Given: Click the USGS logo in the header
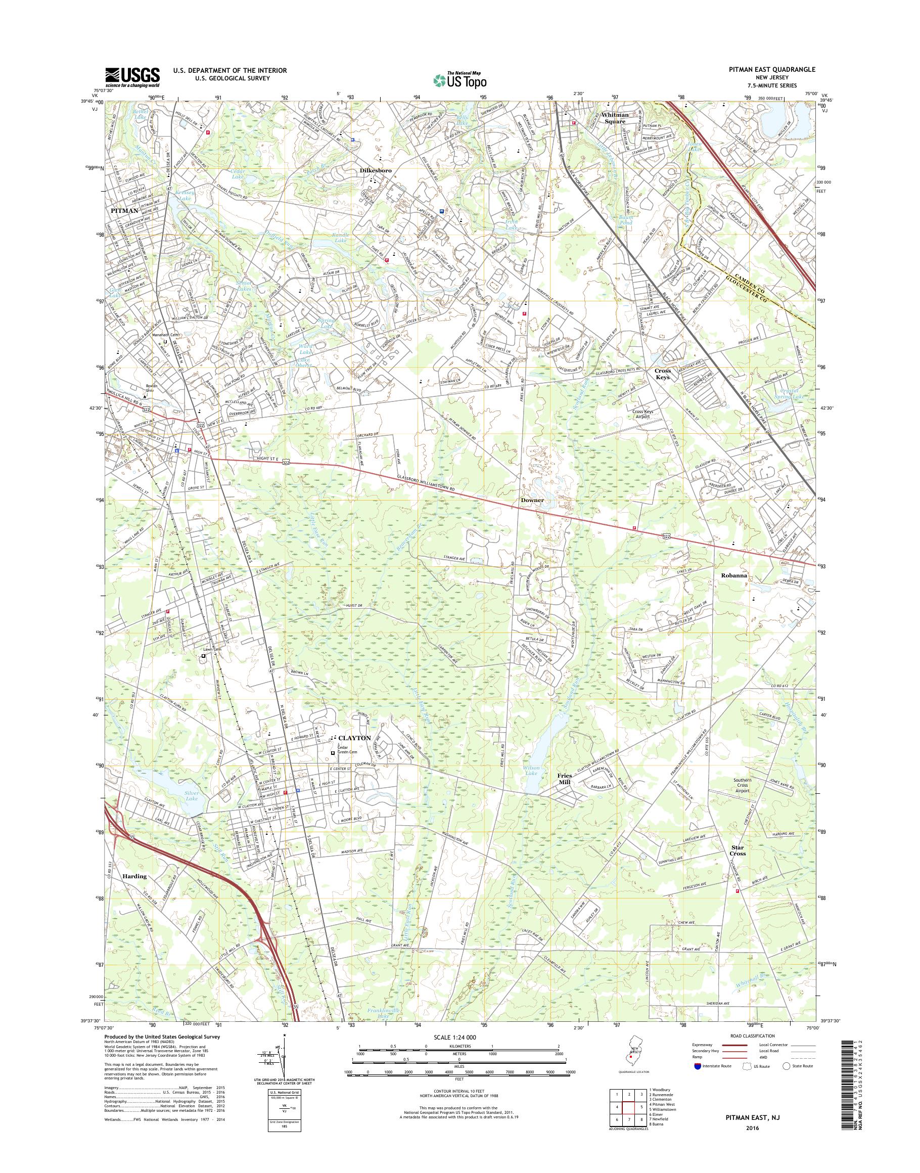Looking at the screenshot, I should [132, 76].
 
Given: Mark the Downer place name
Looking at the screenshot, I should [532, 500].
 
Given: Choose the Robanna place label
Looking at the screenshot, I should [734, 575].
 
